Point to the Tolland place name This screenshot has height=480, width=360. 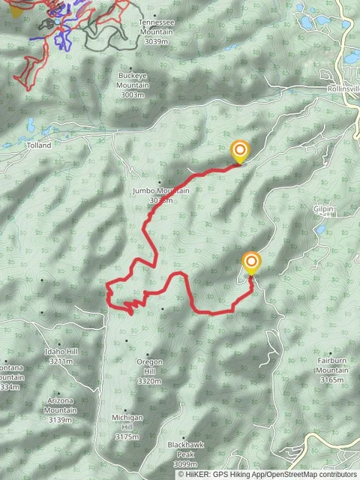[38, 145]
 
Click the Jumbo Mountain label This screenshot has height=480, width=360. [160, 190]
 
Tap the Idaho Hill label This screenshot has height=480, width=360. [61, 352]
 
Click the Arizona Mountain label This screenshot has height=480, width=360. [61, 406]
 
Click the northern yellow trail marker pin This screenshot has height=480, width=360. [239, 151]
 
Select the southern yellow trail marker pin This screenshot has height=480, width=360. [251, 262]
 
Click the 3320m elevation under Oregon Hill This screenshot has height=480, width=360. [149, 382]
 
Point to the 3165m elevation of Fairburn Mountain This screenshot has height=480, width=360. [331, 380]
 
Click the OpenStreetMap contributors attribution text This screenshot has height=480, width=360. [314, 474]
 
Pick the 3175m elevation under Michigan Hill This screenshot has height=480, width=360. [127, 436]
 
